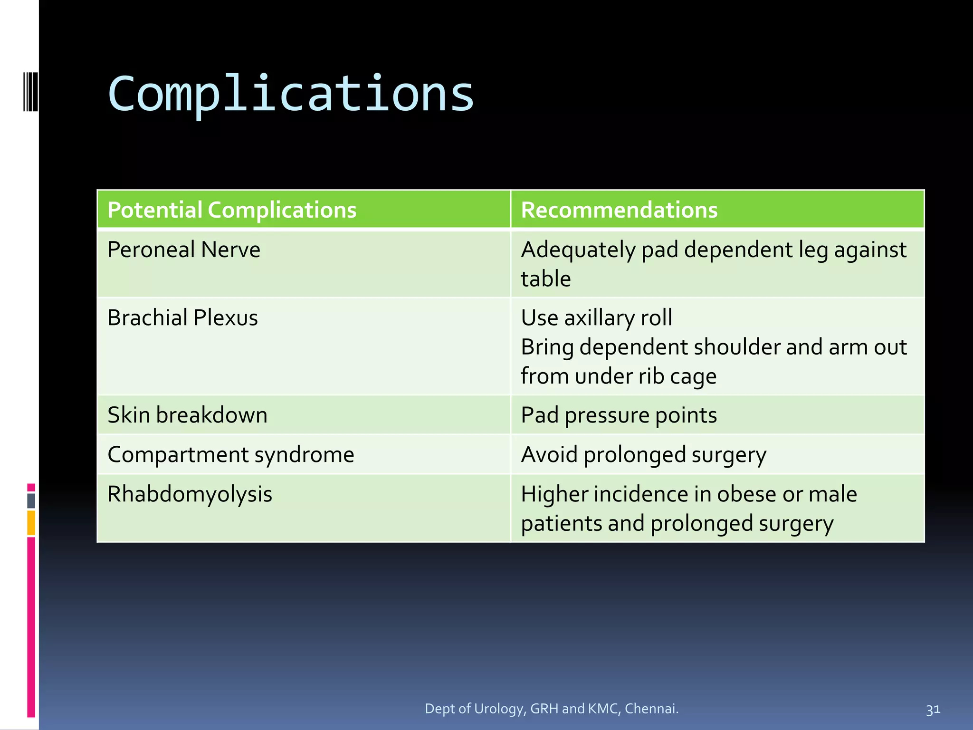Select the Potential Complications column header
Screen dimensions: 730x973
232,210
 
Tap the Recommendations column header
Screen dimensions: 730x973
619,210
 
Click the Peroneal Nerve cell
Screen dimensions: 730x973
184,250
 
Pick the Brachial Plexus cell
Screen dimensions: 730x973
182,318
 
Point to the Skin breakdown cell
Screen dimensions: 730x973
188,415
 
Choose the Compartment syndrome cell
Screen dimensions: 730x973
231,455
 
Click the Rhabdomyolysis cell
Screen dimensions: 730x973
190,494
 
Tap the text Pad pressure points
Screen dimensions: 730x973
619,415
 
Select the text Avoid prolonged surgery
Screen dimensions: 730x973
643,455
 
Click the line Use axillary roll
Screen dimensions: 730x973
596,318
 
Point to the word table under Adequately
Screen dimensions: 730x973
545,279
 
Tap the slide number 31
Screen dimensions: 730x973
933,710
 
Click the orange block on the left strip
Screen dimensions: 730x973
31,523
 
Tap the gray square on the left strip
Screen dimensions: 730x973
31,501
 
